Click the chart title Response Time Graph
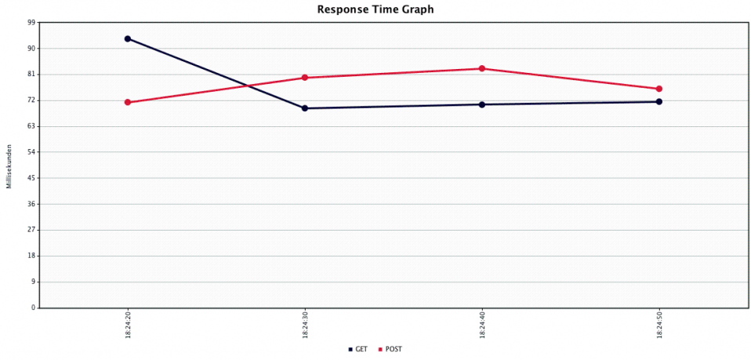375,9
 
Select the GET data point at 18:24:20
128,38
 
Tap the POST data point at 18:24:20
128,102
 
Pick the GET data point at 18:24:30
305,108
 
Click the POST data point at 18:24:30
305,78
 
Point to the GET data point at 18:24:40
482,104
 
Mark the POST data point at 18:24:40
482,68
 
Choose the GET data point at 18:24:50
659,101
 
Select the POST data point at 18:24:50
659,89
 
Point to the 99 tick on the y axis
31,23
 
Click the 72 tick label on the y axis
31,100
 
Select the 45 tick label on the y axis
31,178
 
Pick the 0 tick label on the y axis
33,307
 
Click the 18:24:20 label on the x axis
128,325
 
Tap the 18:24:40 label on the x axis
482,325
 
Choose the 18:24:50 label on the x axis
659,325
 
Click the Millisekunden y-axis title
9,165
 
